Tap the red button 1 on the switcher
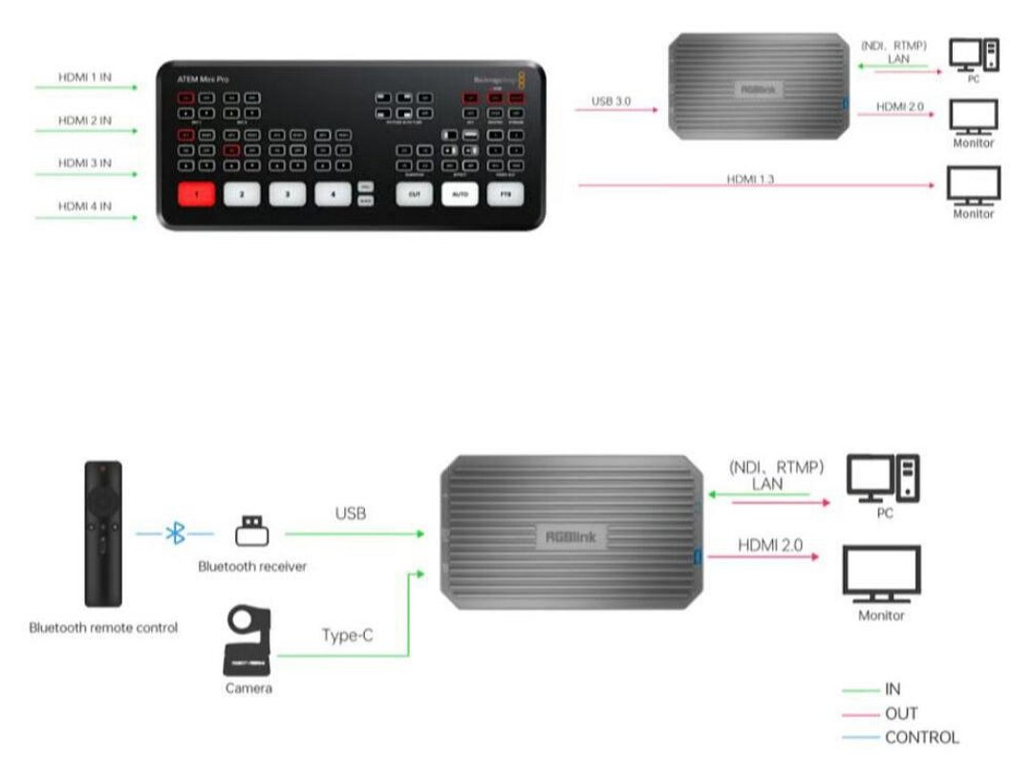tap(198, 194)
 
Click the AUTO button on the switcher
tap(460, 194)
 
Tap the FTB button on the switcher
tap(505, 194)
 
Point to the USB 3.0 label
tap(612, 100)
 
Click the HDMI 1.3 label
tap(749, 179)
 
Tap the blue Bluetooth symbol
tap(176, 533)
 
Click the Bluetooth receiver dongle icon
tap(252, 531)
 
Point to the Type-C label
tap(347, 635)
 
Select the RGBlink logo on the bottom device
tap(570, 537)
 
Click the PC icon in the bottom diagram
tap(884, 480)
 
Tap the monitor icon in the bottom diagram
tap(881, 574)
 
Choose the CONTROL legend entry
tap(921, 737)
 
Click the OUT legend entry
tap(901, 713)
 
